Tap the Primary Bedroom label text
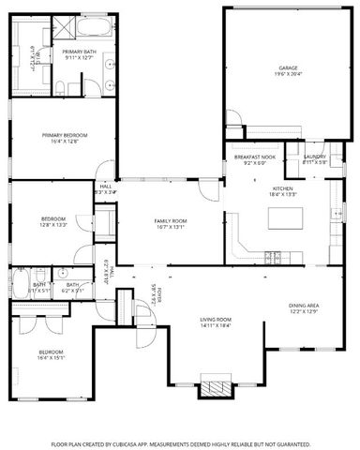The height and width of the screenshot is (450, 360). point(64,135)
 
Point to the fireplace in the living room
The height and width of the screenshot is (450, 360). point(217,387)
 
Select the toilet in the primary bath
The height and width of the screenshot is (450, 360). point(60,86)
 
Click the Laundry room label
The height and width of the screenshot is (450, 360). point(314,157)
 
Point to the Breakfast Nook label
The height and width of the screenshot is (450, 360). point(255,157)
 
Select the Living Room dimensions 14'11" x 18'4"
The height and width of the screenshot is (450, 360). point(215,325)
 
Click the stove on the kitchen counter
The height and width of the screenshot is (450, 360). point(273,255)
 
